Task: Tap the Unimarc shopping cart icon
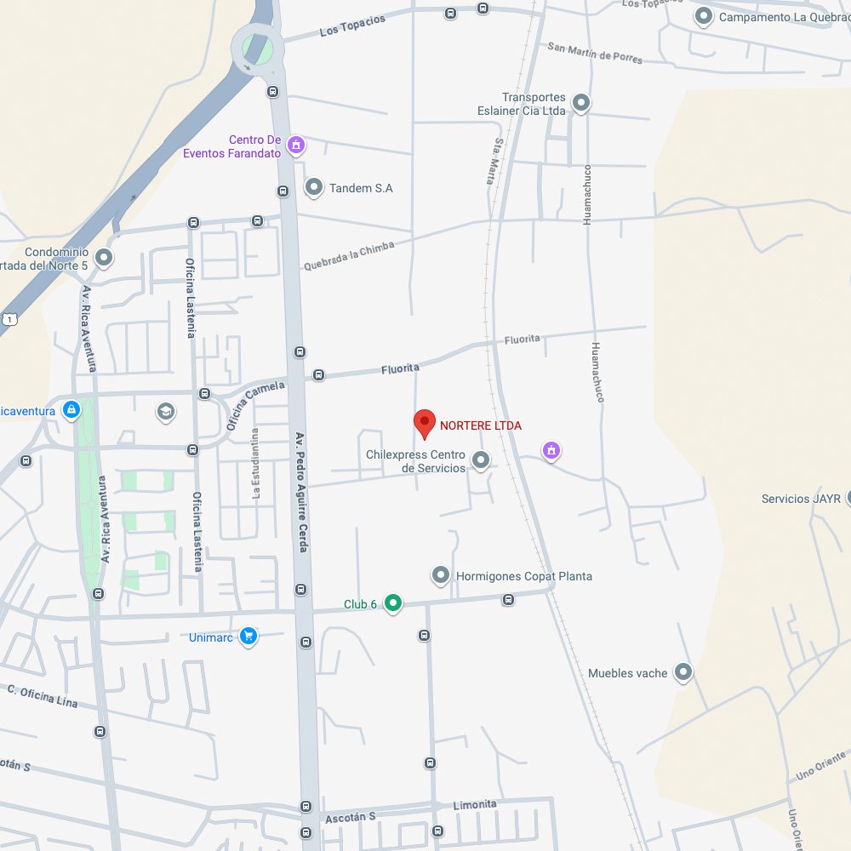coord(248,636)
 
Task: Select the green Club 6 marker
coord(392,603)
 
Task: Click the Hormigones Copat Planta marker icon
coord(441,576)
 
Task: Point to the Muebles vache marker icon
coord(683,673)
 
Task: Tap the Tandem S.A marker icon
coord(314,187)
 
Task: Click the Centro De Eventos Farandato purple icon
coord(295,146)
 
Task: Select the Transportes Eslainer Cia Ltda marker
coord(581,104)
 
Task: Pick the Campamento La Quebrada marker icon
coord(704,16)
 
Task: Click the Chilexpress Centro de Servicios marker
coord(481,461)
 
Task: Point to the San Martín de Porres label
coord(595,53)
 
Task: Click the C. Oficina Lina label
coord(42,695)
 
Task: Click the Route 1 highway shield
coord(9,318)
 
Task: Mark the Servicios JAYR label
coord(801,499)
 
